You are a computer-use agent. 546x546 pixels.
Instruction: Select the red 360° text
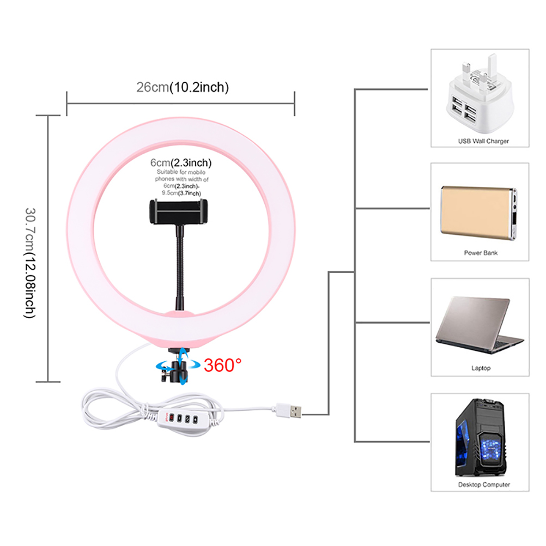(x=223, y=365)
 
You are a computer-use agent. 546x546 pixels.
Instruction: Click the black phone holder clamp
(x=179, y=211)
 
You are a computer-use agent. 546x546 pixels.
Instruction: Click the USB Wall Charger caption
(x=483, y=141)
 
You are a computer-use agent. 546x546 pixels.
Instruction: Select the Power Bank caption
(x=481, y=253)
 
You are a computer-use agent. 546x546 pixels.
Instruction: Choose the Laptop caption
(x=481, y=368)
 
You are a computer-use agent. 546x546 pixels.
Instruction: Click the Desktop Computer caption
(x=483, y=484)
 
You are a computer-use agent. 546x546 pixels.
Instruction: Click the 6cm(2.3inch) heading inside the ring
(x=181, y=162)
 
